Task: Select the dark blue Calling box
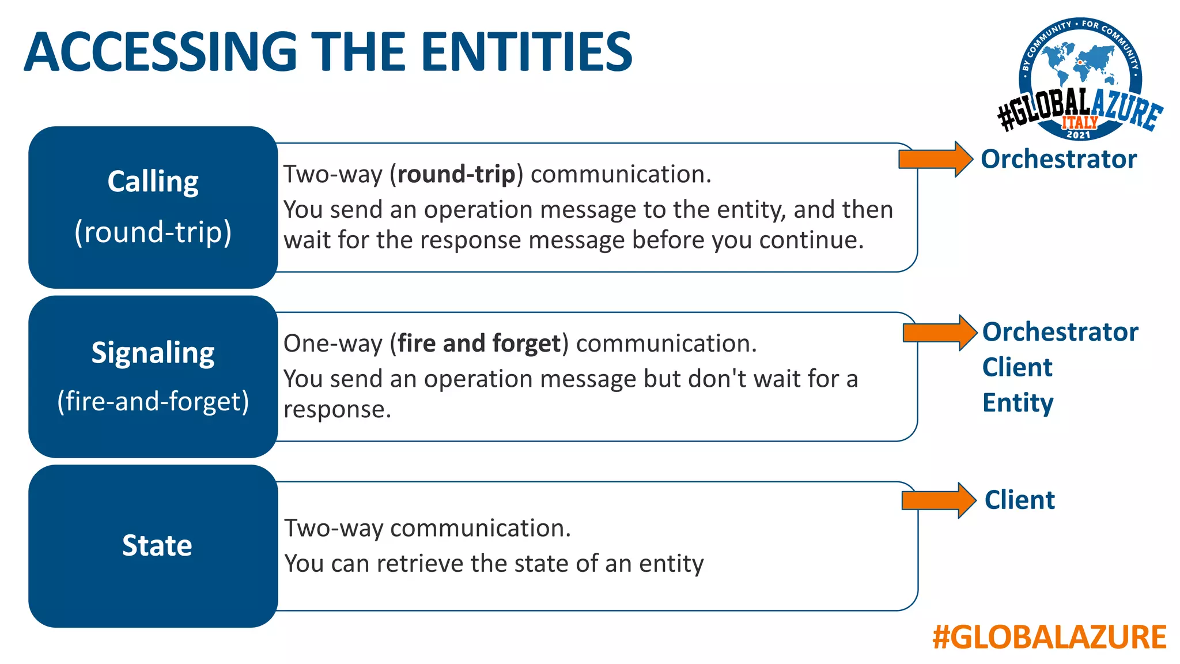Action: [153, 207]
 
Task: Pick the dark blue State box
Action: [153, 546]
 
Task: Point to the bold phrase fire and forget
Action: [479, 344]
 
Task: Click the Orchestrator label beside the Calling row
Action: [1059, 159]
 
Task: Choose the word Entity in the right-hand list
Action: [1018, 402]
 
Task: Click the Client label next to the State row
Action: [1020, 500]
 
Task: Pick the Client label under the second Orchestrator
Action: [1017, 367]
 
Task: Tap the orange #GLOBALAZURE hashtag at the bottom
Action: [1049, 637]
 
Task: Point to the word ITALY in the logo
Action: [1080, 122]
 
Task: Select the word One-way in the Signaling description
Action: [332, 344]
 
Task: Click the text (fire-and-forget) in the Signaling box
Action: [153, 401]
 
